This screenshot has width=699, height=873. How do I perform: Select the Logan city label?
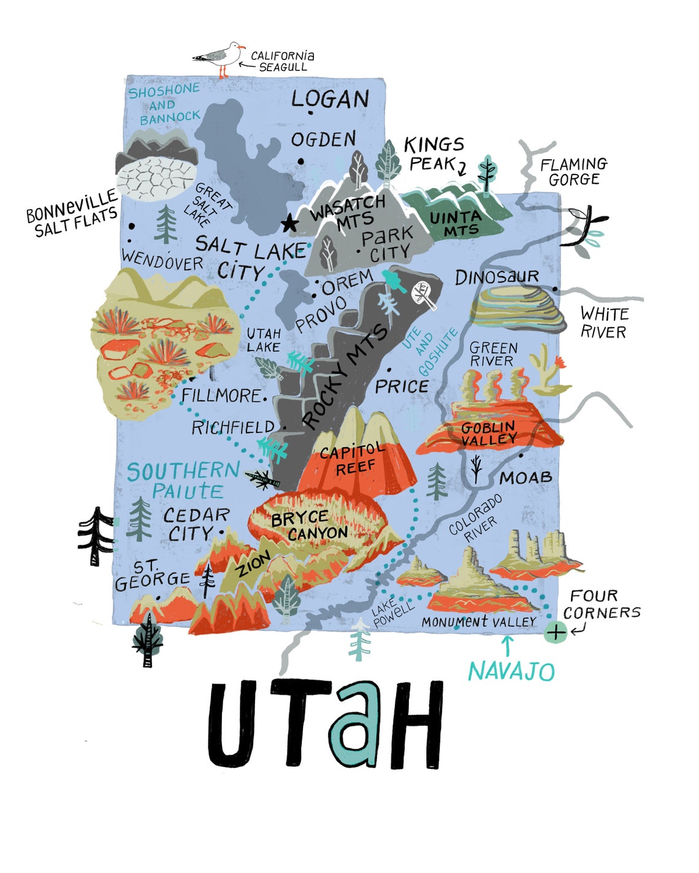click(x=330, y=99)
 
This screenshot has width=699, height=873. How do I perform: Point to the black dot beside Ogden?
click(x=301, y=161)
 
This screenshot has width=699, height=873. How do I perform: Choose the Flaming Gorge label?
click(x=573, y=172)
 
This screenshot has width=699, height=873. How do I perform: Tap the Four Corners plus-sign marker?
click(x=556, y=632)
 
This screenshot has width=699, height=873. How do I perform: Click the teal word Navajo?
click(x=511, y=671)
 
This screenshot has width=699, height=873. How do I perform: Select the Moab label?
click(x=525, y=477)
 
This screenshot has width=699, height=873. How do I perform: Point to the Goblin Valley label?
click(x=489, y=433)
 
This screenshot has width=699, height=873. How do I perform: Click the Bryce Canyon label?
click(x=310, y=526)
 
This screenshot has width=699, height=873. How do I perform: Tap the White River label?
click(x=604, y=323)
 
